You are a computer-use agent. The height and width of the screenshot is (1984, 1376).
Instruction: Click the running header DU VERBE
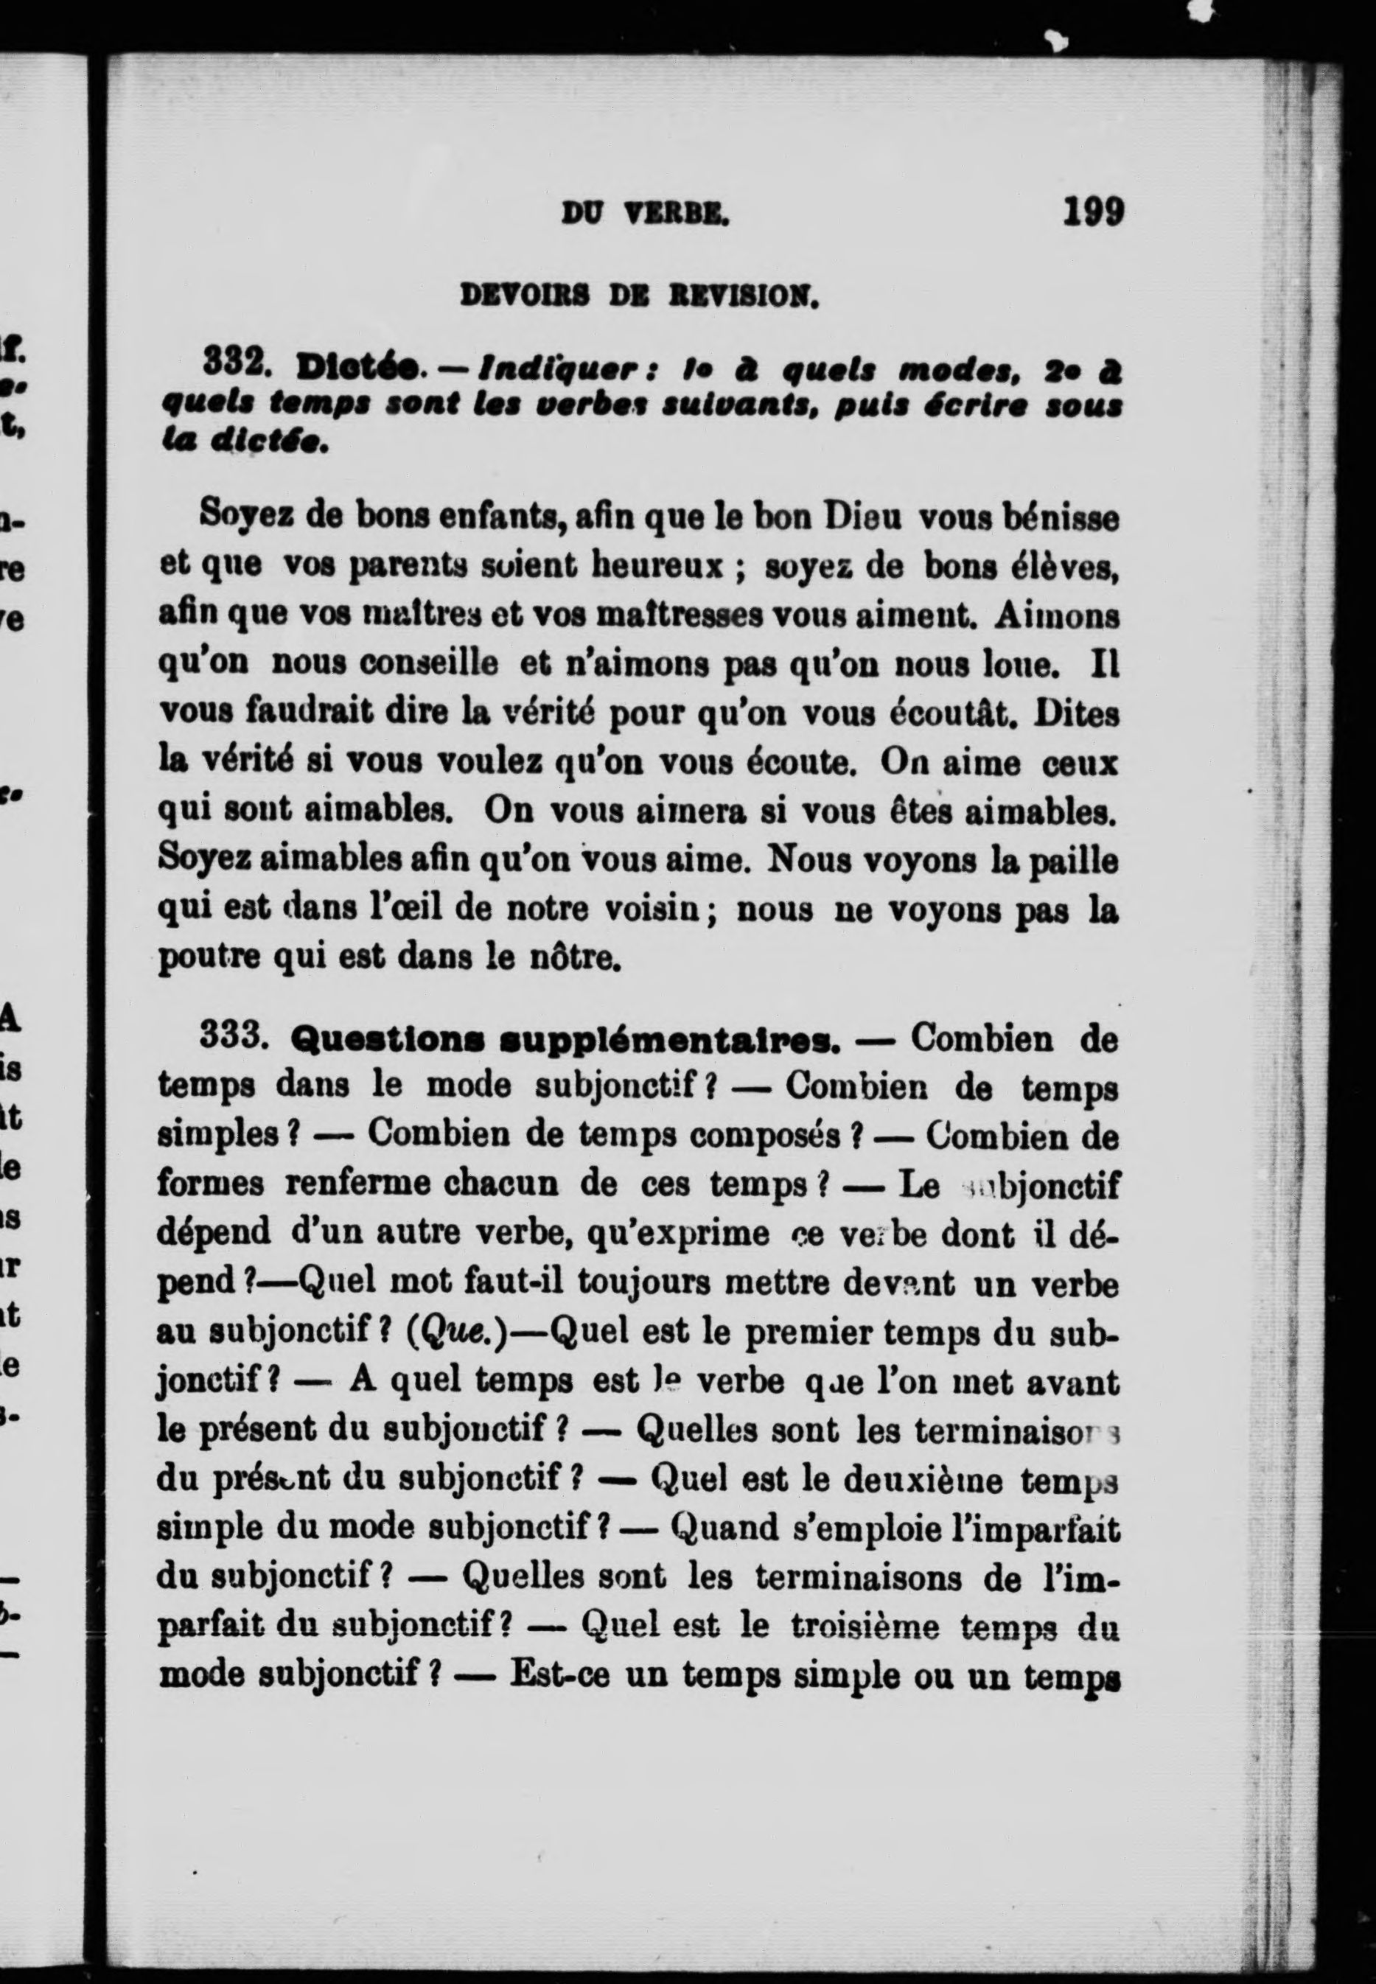pos(645,213)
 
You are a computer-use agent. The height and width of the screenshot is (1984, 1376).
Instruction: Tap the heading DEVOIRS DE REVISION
pos(639,298)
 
